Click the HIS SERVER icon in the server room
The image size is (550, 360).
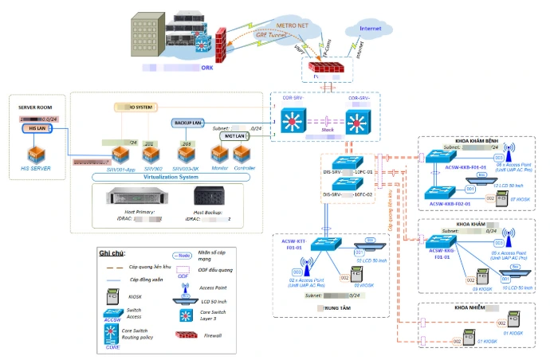35,153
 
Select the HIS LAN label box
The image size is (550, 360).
37,128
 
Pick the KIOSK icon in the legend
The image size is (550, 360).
112,295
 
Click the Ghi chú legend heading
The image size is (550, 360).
112,252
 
